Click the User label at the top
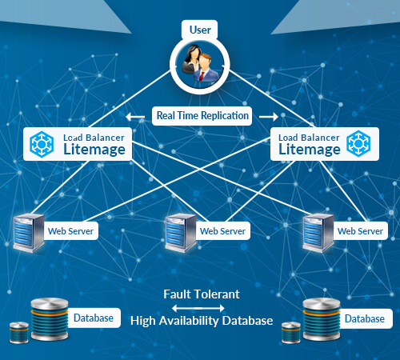point(200,30)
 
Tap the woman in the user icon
point(191,58)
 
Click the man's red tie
point(202,76)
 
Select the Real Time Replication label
point(202,116)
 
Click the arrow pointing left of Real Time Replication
point(135,117)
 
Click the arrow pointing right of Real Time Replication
point(269,117)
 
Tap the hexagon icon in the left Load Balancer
point(42,144)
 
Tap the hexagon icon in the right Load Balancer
point(358,144)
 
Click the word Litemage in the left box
point(94,150)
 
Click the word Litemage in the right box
point(310,150)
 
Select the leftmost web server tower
point(29,233)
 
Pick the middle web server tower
point(181,233)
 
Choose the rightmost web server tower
point(318,233)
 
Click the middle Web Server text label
point(222,231)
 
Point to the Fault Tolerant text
point(202,294)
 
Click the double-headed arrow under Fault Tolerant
point(198,309)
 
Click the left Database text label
point(94,318)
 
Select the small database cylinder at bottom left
point(19,333)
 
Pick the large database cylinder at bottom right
point(322,319)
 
